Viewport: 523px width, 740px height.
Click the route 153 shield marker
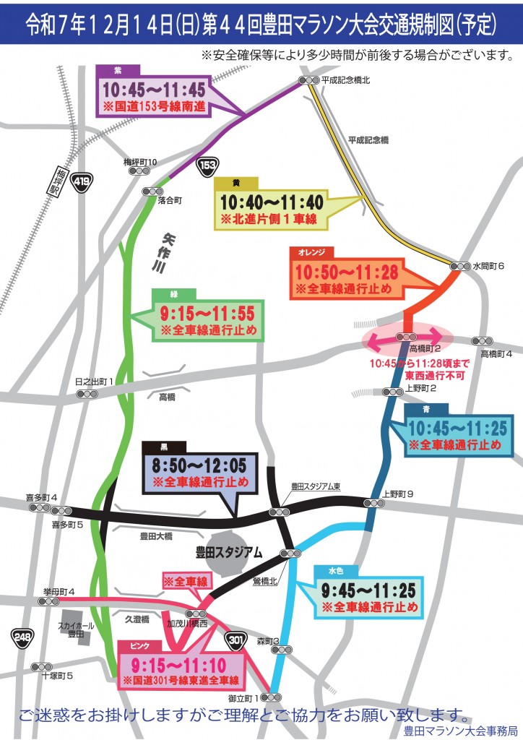click(209, 164)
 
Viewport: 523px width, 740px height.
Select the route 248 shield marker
click(21, 637)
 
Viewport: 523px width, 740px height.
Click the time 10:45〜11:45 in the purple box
click(153, 91)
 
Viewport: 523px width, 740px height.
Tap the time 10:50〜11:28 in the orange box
click(346, 273)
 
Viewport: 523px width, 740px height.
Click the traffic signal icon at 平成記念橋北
click(309, 81)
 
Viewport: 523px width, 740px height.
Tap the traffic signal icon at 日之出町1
click(87, 394)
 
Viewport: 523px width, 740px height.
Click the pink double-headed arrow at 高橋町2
click(407, 337)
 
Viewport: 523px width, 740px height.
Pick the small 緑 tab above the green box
click(173, 293)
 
